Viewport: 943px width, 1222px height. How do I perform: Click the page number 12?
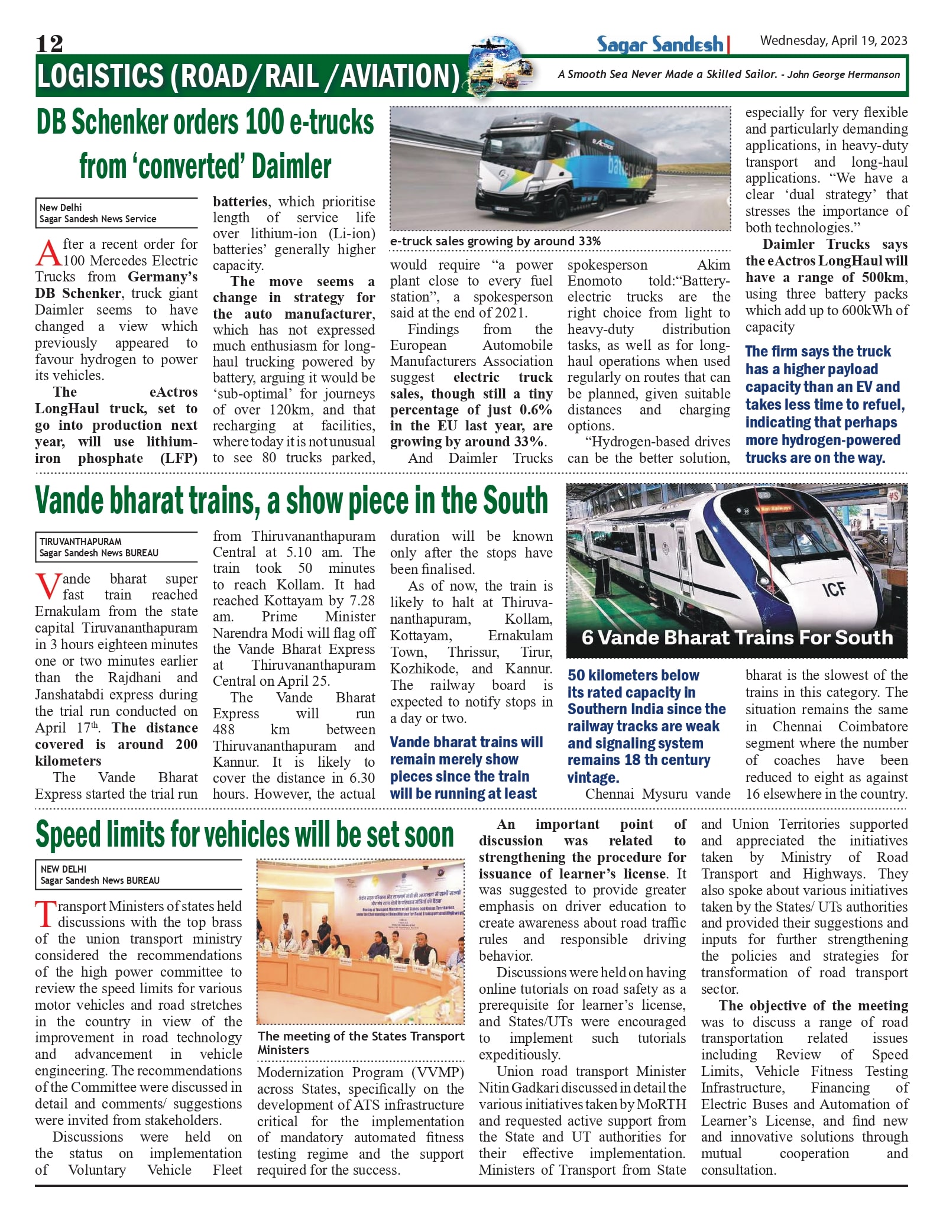tap(49, 43)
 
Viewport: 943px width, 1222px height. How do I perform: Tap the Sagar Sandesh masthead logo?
tap(660, 44)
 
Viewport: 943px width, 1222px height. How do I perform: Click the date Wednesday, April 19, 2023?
tap(833, 41)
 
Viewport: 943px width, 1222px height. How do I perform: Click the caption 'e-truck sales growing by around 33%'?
tap(495, 241)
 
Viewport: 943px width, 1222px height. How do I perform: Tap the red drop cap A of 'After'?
tap(48, 254)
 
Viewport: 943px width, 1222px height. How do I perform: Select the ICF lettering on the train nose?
tap(834, 588)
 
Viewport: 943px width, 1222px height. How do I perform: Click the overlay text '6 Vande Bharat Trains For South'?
tap(737, 637)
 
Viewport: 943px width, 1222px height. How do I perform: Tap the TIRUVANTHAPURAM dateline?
tap(80, 542)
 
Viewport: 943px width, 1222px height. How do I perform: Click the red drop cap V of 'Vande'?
tap(47, 586)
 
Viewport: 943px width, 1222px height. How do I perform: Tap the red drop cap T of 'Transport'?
tap(45, 914)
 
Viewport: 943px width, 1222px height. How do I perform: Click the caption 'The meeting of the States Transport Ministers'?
tap(361, 1042)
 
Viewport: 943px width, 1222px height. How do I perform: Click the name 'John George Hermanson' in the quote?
tap(844, 74)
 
